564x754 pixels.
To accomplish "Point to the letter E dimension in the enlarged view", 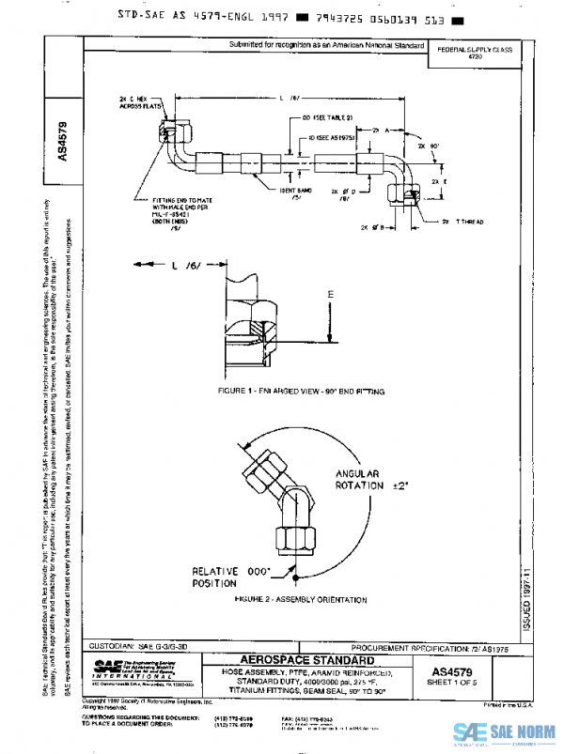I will pos(329,294).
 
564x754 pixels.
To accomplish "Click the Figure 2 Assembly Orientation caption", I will pos(302,598).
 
